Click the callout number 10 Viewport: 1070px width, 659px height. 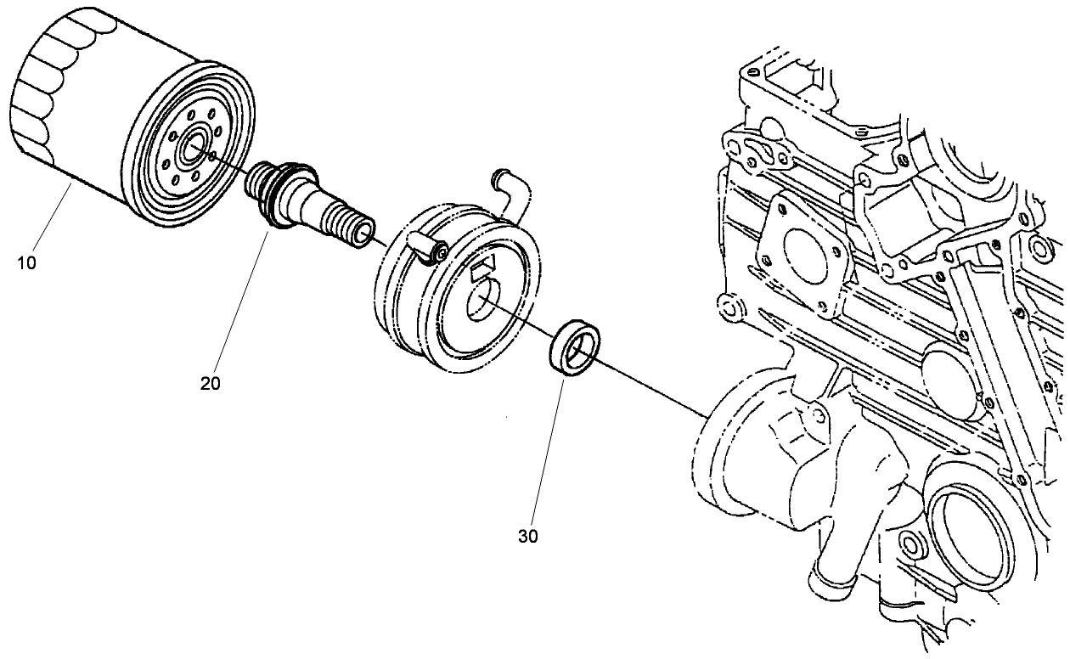pyautogui.click(x=26, y=262)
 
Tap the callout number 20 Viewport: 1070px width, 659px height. pyautogui.click(x=211, y=383)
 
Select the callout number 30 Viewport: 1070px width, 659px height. pyautogui.click(x=527, y=536)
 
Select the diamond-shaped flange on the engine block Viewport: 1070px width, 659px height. pyautogui.click(x=803, y=251)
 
